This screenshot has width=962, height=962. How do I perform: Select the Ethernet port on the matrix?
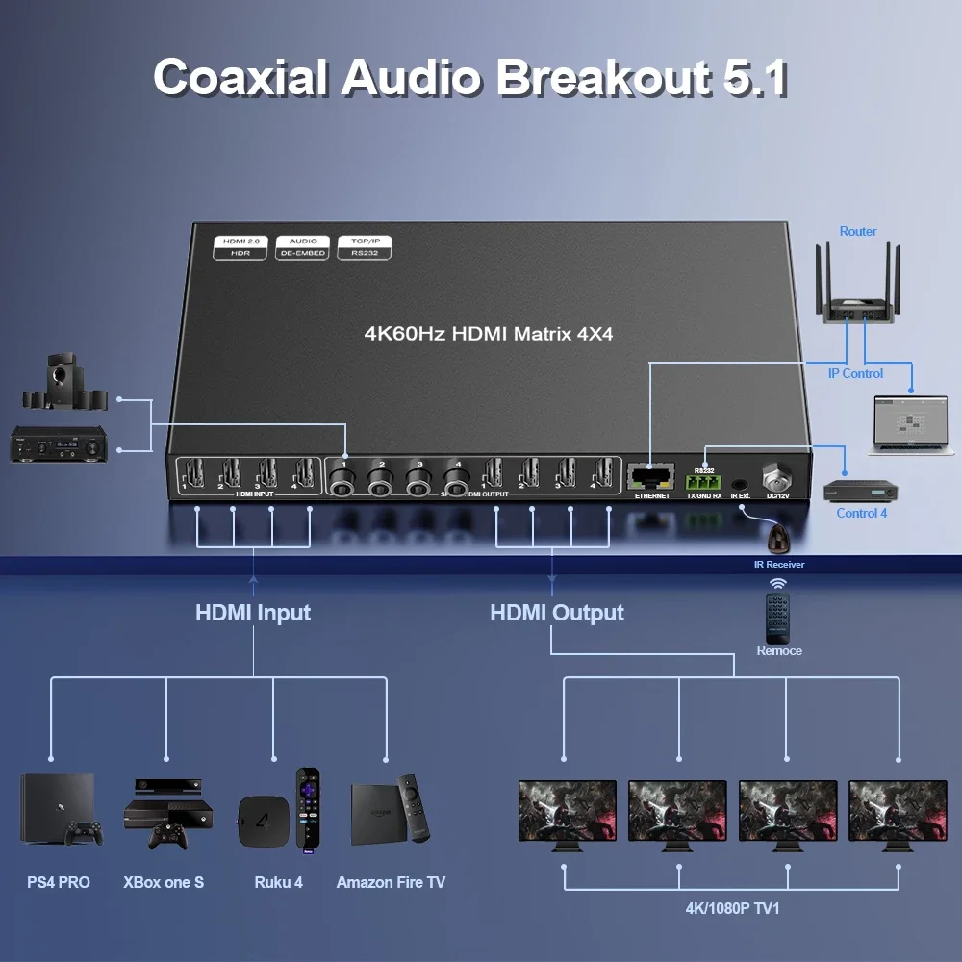650,476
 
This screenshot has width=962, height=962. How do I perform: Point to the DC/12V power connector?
773,477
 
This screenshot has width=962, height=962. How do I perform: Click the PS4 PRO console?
57,808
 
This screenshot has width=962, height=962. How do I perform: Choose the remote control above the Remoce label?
778,617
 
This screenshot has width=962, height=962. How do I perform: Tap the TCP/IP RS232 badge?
365,246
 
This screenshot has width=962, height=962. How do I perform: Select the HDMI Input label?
253,613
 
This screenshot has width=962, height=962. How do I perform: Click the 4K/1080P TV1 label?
732,908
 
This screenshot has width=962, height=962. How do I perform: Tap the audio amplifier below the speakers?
57,446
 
